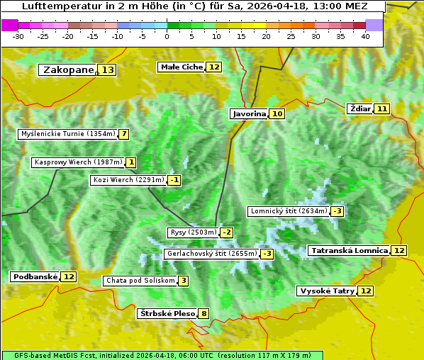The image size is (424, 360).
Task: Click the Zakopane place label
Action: click(x=68, y=70)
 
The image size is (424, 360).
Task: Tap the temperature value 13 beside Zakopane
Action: click(x=107, y=70)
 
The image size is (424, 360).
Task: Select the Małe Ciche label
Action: click(x=182, y=67)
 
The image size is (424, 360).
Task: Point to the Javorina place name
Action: click(x=249, y=113)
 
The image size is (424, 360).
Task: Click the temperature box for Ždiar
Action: click(x=382, y=108)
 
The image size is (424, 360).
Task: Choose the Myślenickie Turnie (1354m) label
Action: click(x=67, y=134)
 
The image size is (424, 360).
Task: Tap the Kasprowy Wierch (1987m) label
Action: click(x=78, y=162)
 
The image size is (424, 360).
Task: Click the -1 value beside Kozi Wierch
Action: click(x=174, y=180)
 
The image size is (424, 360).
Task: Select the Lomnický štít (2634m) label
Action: click(x=289, y=211)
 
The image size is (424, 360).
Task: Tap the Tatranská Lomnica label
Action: click(x=349, y=250)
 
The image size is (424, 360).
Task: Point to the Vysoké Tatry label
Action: click(x=327, y=291)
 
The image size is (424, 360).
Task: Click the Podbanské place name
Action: click(x=35, y=276)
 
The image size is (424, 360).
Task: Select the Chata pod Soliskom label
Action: click(x=140, y=281)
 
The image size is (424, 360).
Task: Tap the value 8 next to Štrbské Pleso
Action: click(x=204, y=314)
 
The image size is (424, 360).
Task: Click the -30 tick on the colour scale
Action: click(x=18, y=36)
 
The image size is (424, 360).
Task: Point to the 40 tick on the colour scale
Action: click(x=365, y=36)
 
